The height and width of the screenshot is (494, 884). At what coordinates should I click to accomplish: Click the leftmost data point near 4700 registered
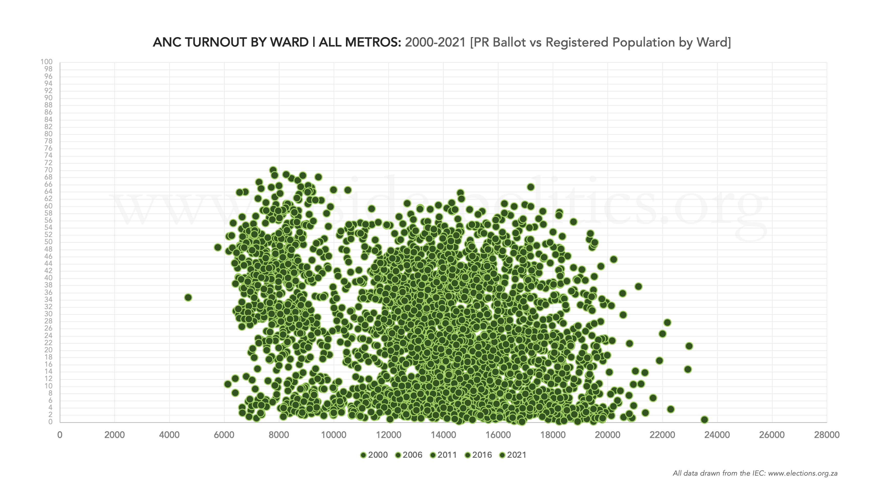coord(188,297)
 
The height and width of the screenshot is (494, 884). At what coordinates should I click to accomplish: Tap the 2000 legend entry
coord(374,455)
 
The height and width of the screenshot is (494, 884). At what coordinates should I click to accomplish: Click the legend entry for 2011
coord(443,455)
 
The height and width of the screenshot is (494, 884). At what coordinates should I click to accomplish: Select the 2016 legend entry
coord(478,455)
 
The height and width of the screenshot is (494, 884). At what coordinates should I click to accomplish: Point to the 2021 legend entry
coord(513,455)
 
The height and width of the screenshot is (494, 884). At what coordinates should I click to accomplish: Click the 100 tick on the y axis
coord(47,62)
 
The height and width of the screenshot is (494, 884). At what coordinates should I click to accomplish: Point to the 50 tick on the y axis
coord(48,242)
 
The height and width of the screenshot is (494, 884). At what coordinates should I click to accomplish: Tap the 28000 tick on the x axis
coord(827,435)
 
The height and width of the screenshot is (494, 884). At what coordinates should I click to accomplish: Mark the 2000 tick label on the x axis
coord(115,435)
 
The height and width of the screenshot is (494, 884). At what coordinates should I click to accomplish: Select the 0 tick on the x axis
coord(60,435)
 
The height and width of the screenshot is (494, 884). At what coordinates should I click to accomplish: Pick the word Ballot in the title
coord(509,42)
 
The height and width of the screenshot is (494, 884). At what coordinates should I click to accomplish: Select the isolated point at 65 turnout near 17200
coord(531,187)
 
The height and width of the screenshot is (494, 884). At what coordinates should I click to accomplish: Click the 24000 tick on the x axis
coord(717,435)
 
